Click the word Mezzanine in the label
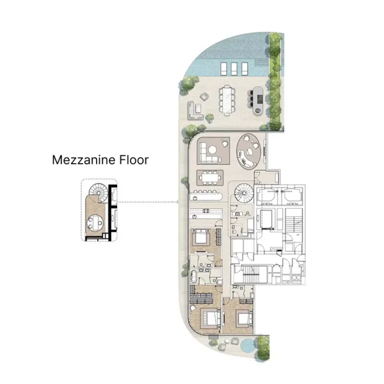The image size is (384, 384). coord(83,160)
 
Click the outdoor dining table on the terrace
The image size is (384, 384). coord(228,99)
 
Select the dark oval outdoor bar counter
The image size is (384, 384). coord(257,97)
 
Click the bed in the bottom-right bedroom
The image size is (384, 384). coord(242,317)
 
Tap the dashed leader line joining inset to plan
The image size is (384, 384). coord(147,203)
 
